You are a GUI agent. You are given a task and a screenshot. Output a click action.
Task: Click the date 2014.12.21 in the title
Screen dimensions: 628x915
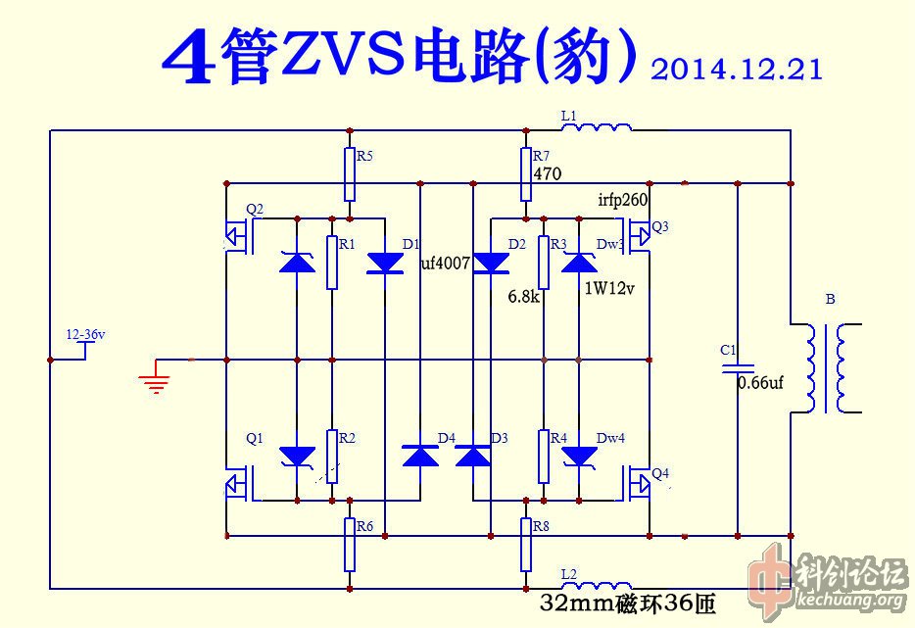tap(735, 69)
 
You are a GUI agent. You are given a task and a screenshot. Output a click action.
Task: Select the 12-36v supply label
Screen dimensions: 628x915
tap(85, 335)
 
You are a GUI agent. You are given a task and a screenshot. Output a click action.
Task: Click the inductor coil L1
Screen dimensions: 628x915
tap(597, 127)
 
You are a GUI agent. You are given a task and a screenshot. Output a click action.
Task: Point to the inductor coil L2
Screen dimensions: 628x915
tap(597, 586)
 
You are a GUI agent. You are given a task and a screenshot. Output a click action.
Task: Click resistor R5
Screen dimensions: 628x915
tap(350, 173)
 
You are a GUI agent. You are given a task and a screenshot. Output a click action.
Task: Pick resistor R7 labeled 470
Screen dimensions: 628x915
tap(526, 173)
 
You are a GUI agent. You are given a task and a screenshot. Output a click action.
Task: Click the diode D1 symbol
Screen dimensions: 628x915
tap(384, 262)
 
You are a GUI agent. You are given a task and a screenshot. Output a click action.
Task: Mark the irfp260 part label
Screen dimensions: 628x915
tap(623, 200)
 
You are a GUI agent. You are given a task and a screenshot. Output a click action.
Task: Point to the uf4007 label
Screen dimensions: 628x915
tap(447, 264)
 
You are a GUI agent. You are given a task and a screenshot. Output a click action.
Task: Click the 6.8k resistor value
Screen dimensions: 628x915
tap(523, 295)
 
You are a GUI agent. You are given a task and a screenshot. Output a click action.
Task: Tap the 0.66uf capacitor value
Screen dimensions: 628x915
tap(760, 383)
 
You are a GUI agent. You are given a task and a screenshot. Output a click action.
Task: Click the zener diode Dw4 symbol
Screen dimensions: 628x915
tap(580, 457)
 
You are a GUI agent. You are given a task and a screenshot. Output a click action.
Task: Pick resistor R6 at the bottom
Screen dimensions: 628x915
tap(350, 544)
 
